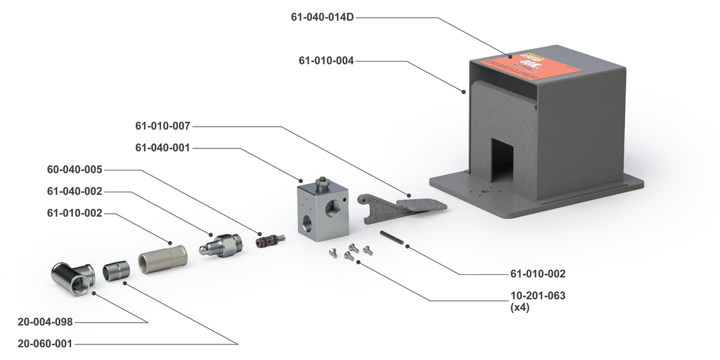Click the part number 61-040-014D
coord(322,17)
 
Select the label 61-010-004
coord(326,60)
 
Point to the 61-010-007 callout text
coord(163,126)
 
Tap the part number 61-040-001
coord(163,148)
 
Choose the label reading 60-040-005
coord(75,169)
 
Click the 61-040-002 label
coord(75,191)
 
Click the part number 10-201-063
coord(538,295)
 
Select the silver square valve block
coord(322,210)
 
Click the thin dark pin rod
coord(392,238)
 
